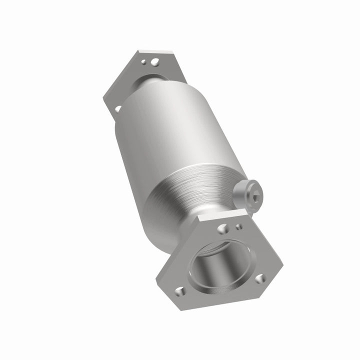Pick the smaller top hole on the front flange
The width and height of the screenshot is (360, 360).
click(x=239, y=226)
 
